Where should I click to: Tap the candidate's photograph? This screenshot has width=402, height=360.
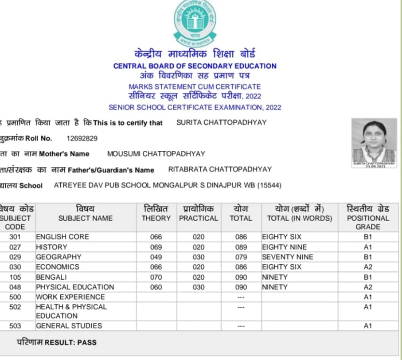tap(374, 142)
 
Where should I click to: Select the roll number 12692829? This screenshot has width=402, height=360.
tap(82, 138)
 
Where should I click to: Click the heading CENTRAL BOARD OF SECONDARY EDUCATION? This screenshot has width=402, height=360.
tap(195, 66)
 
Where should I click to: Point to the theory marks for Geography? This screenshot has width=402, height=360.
tap(156, 257)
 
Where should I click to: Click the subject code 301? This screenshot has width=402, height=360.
tap(15, 237)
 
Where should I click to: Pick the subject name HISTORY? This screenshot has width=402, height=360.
tap(51, 247)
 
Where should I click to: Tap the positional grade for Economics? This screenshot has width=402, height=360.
tap(367, 267)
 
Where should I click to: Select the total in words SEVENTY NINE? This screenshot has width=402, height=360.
tap(287, 257)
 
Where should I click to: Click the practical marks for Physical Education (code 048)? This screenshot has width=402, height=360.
tap(199, 287)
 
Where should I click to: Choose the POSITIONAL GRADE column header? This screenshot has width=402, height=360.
tap(367, 218)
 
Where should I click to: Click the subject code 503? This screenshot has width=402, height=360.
tap(15, 326)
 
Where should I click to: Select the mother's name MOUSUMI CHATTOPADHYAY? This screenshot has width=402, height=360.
tap(156, 154)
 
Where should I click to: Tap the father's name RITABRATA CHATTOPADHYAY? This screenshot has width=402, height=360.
tap(220, 169)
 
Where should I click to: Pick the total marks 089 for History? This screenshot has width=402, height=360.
tap(241, 247)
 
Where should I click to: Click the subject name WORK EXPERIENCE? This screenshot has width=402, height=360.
tap(70, 297)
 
